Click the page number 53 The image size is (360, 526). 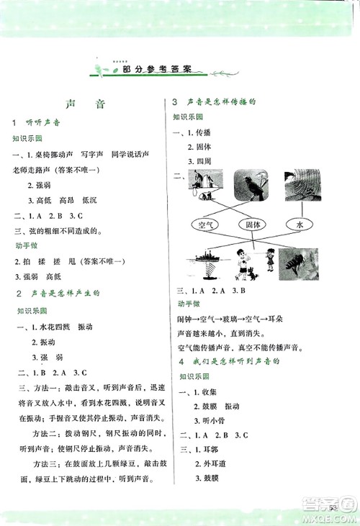pyautogui.click(x=333, y=509)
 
